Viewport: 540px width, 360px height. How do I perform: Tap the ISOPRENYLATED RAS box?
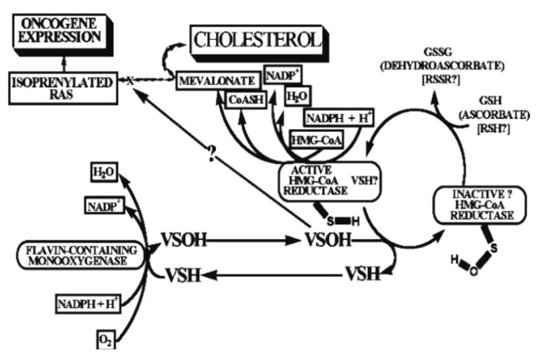[x=63, y=88]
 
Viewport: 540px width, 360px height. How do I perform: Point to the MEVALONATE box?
[x=217, y=81]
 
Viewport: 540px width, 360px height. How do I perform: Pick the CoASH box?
[x=246, y=100]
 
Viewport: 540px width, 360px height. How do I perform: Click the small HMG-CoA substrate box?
[x=317, y=140]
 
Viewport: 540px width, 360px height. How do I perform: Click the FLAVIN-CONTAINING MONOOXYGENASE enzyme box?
[x=80, y=255]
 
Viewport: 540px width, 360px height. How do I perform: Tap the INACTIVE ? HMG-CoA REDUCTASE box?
[x=481, y=205]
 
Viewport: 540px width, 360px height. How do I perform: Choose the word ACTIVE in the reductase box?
[x=311, y=170]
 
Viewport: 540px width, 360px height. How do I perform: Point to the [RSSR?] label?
[x=441, y=80]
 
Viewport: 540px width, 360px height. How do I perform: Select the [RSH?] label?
[x=493, y=129]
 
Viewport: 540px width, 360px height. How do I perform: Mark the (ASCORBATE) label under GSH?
[x=494, y=115]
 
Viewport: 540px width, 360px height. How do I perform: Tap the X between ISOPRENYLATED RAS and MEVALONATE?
[x=130, y=81]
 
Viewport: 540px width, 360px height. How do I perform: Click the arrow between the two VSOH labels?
[x=252, y=240]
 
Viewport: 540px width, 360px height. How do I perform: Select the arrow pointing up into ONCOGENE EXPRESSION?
[x=63, y=64]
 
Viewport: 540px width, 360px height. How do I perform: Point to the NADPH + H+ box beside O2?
[x=88, y=304]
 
